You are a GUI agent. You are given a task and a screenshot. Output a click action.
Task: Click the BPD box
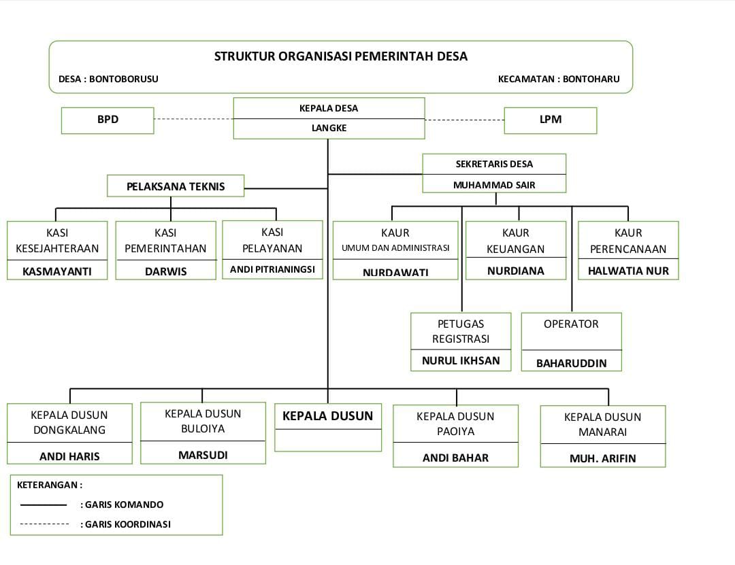pos(108,120)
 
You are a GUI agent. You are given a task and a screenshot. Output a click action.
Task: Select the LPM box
pos(550,120)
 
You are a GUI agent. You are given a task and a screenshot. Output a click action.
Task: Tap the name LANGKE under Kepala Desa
pos(329,128)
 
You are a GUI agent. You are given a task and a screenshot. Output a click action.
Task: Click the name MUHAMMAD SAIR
pos(494,184)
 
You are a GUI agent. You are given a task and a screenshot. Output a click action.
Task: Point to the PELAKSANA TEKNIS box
pos(176,186)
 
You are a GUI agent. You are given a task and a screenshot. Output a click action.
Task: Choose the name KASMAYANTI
pos(56,271)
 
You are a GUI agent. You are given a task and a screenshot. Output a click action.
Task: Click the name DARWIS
pos(165,271)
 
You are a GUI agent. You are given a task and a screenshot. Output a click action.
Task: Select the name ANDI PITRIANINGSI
pos(272,269)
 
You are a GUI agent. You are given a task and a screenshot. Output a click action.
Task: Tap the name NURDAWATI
pos(395,272)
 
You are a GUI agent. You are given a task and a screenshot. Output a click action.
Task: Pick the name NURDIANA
pos(516,271)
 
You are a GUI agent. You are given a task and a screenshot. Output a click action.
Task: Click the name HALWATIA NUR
pos(628,271)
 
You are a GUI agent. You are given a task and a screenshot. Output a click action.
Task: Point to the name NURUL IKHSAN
pos(461,360)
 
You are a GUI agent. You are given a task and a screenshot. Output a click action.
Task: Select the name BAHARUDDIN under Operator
pos(571,363)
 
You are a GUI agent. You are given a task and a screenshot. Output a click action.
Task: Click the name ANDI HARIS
pos(69,456)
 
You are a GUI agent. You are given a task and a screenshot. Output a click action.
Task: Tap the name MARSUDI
pos(203,455)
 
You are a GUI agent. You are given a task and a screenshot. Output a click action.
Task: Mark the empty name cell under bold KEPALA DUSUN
pos(328,441)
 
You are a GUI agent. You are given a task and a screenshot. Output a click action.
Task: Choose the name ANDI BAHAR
pos(455,458)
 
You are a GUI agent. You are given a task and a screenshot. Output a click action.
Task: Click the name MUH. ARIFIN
pos(602,458)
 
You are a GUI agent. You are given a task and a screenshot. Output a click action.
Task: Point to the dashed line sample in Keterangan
pos(44,524)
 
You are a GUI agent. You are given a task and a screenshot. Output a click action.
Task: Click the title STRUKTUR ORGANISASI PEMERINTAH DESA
pos(341,56)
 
